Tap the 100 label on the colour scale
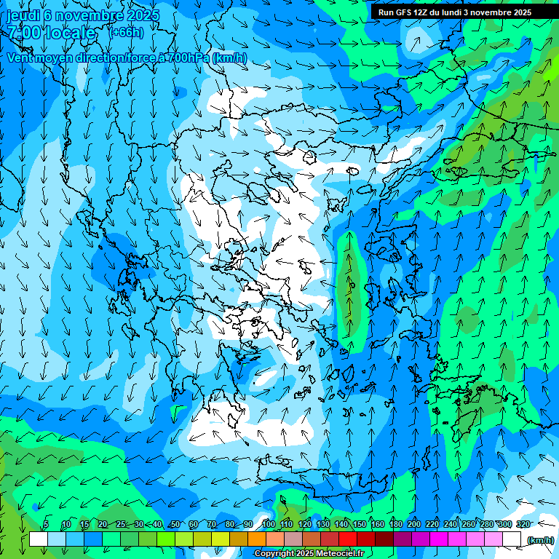pos(269,525)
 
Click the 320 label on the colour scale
pos(523,525)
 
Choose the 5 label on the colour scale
pos(46,525)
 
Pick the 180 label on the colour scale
pos(395,525)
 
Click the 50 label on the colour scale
pos(175,525)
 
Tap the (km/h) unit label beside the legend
pos(540,540)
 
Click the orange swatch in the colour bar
pos(257,539)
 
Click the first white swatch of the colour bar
pos(39,539)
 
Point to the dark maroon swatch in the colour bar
pos(384,539)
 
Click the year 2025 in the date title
pos(127,15)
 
